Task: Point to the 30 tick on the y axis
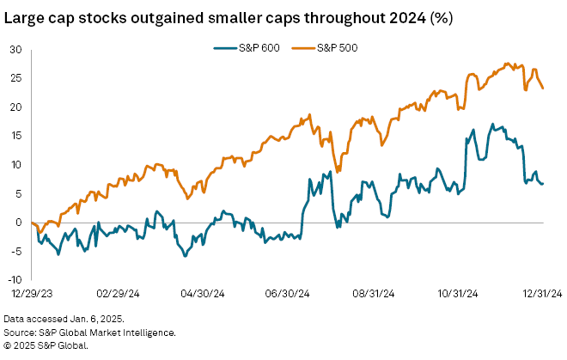click(x=15, y=49)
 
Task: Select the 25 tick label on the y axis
click(x=15, y=78)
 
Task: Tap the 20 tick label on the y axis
click(x=15, y=107)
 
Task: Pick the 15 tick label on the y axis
click(x=15, y=136)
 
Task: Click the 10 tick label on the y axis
click(x=15, y=164)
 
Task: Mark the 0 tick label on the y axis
click(x=18, y=222)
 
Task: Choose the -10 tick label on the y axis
click(x=14, y=279)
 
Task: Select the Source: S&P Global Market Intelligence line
click(x=88, y=332)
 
